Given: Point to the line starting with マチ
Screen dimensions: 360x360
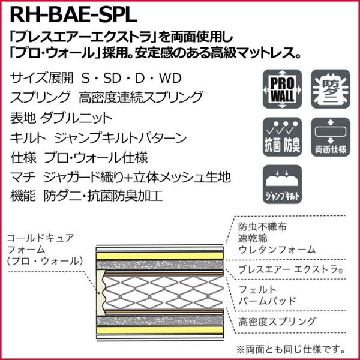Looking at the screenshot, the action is click(x=121, y=178).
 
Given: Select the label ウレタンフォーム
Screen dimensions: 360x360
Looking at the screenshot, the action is click(x=277, y=249).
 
